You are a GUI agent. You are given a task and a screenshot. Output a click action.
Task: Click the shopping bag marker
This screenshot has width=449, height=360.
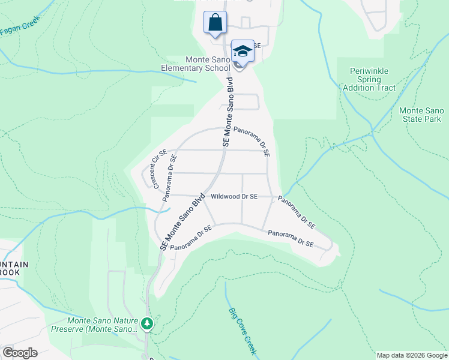(215, 23)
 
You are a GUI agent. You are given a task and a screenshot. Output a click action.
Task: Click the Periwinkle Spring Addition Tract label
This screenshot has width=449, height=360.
(369, 79)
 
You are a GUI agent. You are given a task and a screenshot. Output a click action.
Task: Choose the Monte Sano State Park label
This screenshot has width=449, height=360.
(421, 115)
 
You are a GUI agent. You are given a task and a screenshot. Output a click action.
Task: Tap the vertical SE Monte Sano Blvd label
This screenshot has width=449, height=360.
(228, 112)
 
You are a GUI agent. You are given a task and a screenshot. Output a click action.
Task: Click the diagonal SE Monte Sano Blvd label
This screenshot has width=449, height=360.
(183, 222)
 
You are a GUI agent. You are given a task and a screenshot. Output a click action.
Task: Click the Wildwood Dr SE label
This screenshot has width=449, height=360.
(234, 196)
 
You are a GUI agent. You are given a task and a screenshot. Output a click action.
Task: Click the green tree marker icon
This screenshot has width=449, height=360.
(147, 324)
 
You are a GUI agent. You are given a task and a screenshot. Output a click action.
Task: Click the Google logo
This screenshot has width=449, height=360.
(19, 353)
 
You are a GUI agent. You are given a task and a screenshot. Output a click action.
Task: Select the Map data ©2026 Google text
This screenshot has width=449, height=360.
(412, 355)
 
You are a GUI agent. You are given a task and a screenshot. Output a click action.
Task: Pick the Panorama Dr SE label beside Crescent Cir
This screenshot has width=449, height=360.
(172, 174)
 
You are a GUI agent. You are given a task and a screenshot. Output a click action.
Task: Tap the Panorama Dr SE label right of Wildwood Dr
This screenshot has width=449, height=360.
(297, 212)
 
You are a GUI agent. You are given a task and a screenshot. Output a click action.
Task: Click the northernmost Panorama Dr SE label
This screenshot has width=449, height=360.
(252, 141)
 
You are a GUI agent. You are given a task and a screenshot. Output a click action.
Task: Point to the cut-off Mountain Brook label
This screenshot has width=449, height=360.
(10, 268)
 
